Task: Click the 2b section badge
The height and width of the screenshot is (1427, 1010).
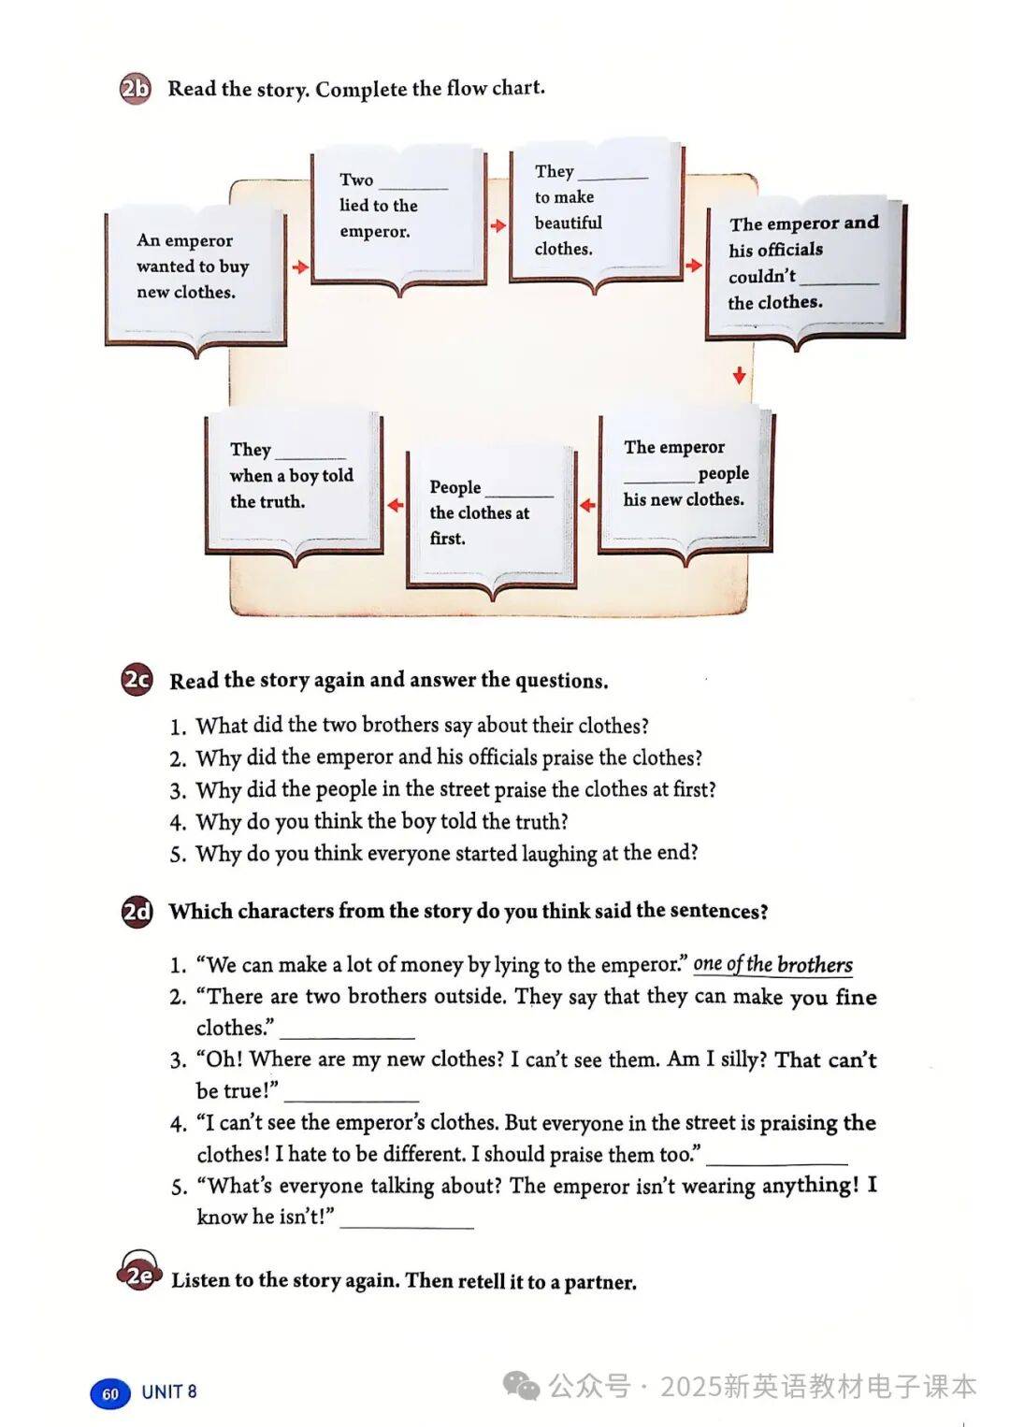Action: tap(135, 89)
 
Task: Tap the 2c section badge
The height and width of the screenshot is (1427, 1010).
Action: tap(137, 679)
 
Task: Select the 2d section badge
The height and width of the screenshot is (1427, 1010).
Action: tap(137, 910)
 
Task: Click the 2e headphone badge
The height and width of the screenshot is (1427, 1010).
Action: tap(139, 1274)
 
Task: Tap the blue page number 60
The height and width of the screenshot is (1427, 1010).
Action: tap(109, 1393)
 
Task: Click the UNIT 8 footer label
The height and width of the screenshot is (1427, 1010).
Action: tap(169, 1391)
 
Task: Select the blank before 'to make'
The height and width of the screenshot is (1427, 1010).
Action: tap(613, 175)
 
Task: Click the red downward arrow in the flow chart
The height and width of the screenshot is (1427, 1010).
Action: tap(740, 375)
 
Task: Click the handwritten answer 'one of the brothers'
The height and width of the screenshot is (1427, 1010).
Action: tap(772, 964)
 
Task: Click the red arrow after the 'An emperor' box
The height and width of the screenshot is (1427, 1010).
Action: tap(299, 267)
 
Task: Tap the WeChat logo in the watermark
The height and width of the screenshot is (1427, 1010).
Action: tap(522, 1385)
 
